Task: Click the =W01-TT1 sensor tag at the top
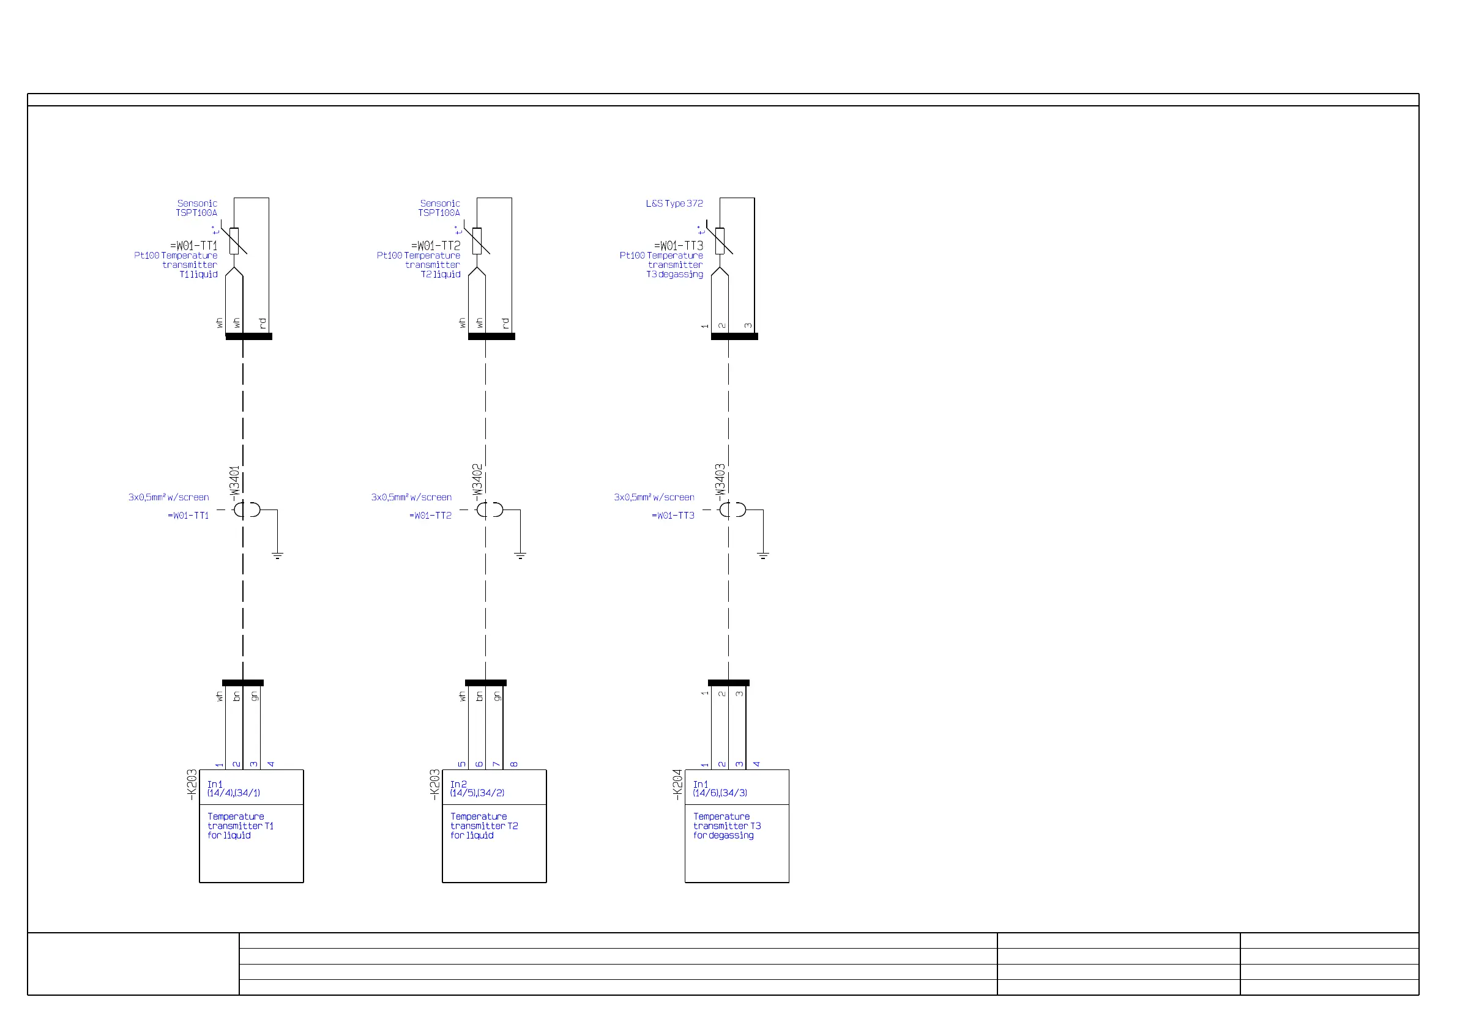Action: click(193, 245)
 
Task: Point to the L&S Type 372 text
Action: click(674, 204)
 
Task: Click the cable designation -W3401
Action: click(235, 483)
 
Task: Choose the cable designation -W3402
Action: click(477, 481)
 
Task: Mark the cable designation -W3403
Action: click(720, 481)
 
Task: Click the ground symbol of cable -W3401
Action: click(277, 555)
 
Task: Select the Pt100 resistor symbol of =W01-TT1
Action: click(234, 241)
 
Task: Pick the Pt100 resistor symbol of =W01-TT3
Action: click(720, 241)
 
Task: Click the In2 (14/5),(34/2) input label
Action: click(477, 788)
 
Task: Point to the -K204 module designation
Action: click(678, 784)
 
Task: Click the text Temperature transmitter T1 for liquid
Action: click(240, 826)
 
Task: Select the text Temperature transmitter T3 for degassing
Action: click(726, 826)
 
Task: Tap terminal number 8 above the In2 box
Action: click(514, 765)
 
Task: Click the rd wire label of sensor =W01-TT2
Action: click(506, 324)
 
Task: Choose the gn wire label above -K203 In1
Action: click(255, 697)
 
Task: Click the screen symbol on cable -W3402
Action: click(489, 510)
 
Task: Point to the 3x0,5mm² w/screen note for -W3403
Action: click(654, 497)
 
